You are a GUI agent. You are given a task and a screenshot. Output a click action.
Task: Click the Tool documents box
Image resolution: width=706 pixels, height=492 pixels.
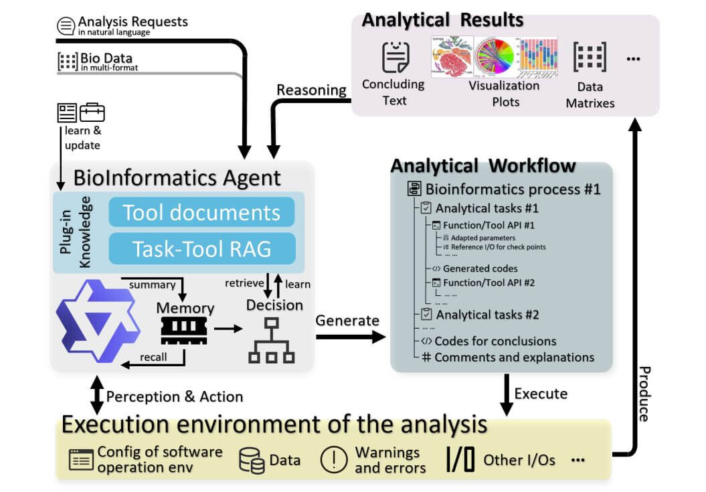point(201,212)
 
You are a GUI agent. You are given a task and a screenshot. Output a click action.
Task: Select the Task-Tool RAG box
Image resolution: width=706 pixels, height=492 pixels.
point(201,248)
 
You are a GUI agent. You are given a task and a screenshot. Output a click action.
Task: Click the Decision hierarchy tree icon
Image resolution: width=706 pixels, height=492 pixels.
point(272,339)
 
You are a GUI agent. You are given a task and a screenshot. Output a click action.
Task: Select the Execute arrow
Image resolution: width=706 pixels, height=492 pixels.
point(507,399)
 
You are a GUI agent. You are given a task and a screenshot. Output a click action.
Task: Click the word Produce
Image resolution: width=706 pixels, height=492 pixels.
point(643,394)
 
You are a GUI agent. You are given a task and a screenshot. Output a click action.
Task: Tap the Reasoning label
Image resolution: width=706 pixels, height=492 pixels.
point(311,90)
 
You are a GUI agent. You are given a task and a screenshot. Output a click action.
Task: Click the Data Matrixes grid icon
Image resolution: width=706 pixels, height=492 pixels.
point(590,58)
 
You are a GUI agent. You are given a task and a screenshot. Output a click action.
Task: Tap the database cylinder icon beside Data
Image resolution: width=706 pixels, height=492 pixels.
point(252,461)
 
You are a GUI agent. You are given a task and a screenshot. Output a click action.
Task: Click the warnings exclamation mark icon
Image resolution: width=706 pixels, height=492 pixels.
point(333,460)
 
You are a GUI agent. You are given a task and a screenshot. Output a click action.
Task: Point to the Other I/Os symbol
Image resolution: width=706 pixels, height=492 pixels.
point(460,460)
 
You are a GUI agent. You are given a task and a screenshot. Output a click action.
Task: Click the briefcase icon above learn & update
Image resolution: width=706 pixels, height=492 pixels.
point(92,112)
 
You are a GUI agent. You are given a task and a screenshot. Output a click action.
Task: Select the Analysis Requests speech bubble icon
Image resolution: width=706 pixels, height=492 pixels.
point(66,26)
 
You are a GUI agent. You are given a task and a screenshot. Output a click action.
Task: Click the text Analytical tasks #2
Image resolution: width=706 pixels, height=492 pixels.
point(487,314)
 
